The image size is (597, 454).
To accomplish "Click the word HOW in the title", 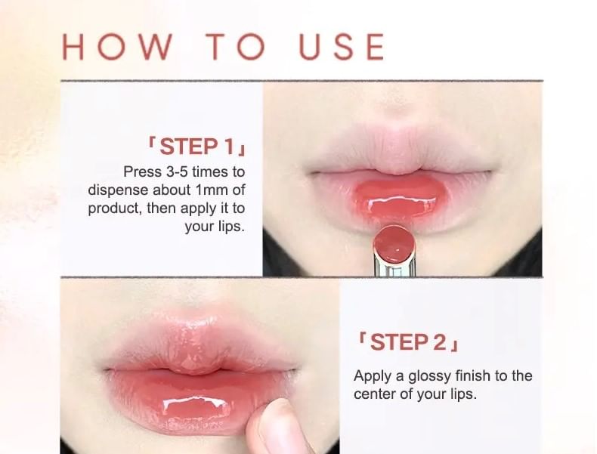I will coord(116,47).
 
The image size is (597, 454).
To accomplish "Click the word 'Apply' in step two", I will coord(370,375).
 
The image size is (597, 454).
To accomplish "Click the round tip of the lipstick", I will coord(395,242).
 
